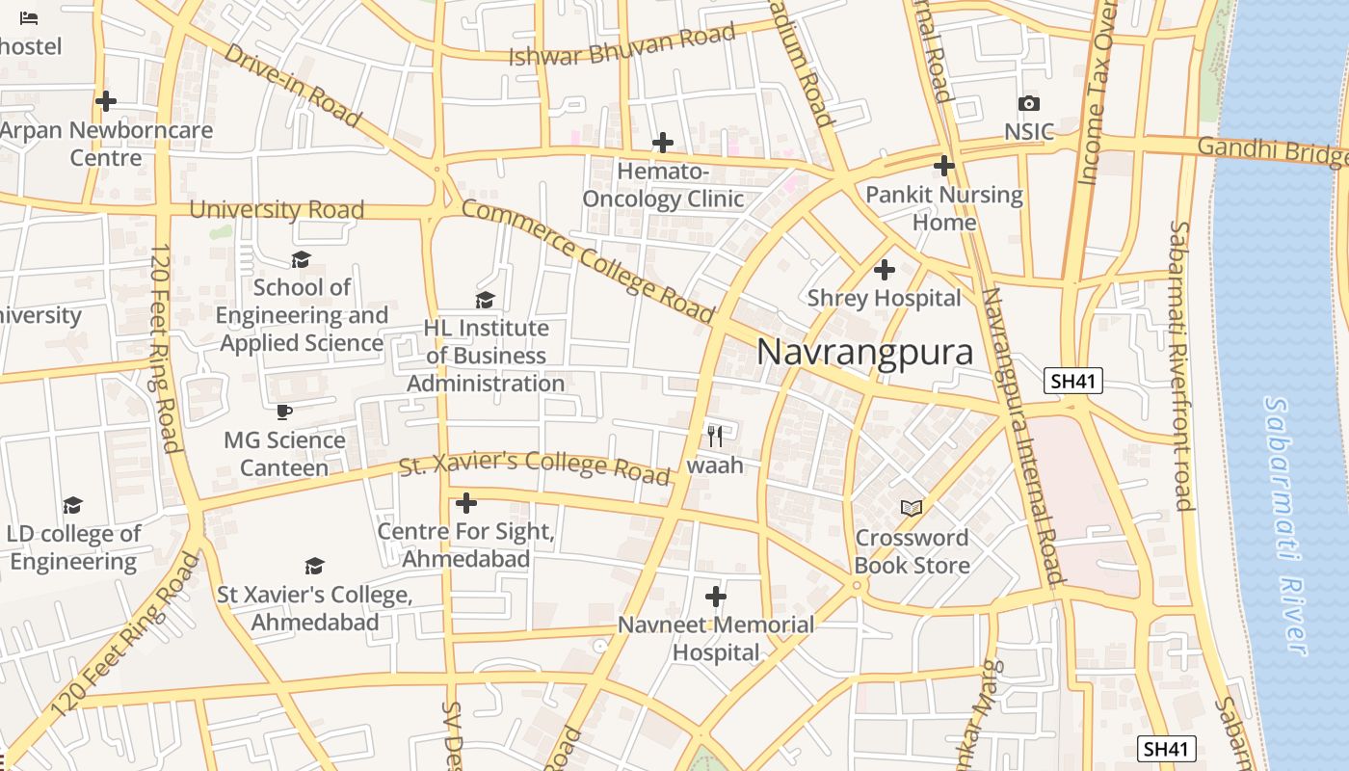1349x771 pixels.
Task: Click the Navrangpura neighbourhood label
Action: click(x=864, y=353)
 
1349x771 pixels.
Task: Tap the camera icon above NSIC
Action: click(x=1029, y=103)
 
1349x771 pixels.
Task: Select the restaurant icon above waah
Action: click(x=715, y=437)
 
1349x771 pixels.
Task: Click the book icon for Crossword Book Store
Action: click(x=912, y=508)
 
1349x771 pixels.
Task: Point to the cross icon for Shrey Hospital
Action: click(x=884, y=270)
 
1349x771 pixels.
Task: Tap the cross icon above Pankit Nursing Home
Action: click(x=944, y=166)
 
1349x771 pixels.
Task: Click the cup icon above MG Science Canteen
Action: click(x=284, y=412)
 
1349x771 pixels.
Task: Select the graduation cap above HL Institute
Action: click(x=486, y=300)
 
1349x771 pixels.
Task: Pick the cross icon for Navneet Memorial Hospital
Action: click(x=715, y=597)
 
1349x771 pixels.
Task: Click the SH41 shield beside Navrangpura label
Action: click(x=1073, y=381)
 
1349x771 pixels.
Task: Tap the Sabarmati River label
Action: click(x=1286, y=525)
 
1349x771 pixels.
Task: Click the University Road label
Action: click(x=277, y=209)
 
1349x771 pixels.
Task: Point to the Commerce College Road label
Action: click(x=588, y=261)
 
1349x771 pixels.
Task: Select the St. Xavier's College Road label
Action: click(x=535, y=466)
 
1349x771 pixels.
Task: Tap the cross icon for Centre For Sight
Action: click(x=466, y=503)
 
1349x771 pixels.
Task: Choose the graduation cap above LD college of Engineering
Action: click(x=73, y=505)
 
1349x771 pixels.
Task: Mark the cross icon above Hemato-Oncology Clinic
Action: click(x=662, y=143)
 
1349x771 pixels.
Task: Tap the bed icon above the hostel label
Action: click(x=29, y=17)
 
